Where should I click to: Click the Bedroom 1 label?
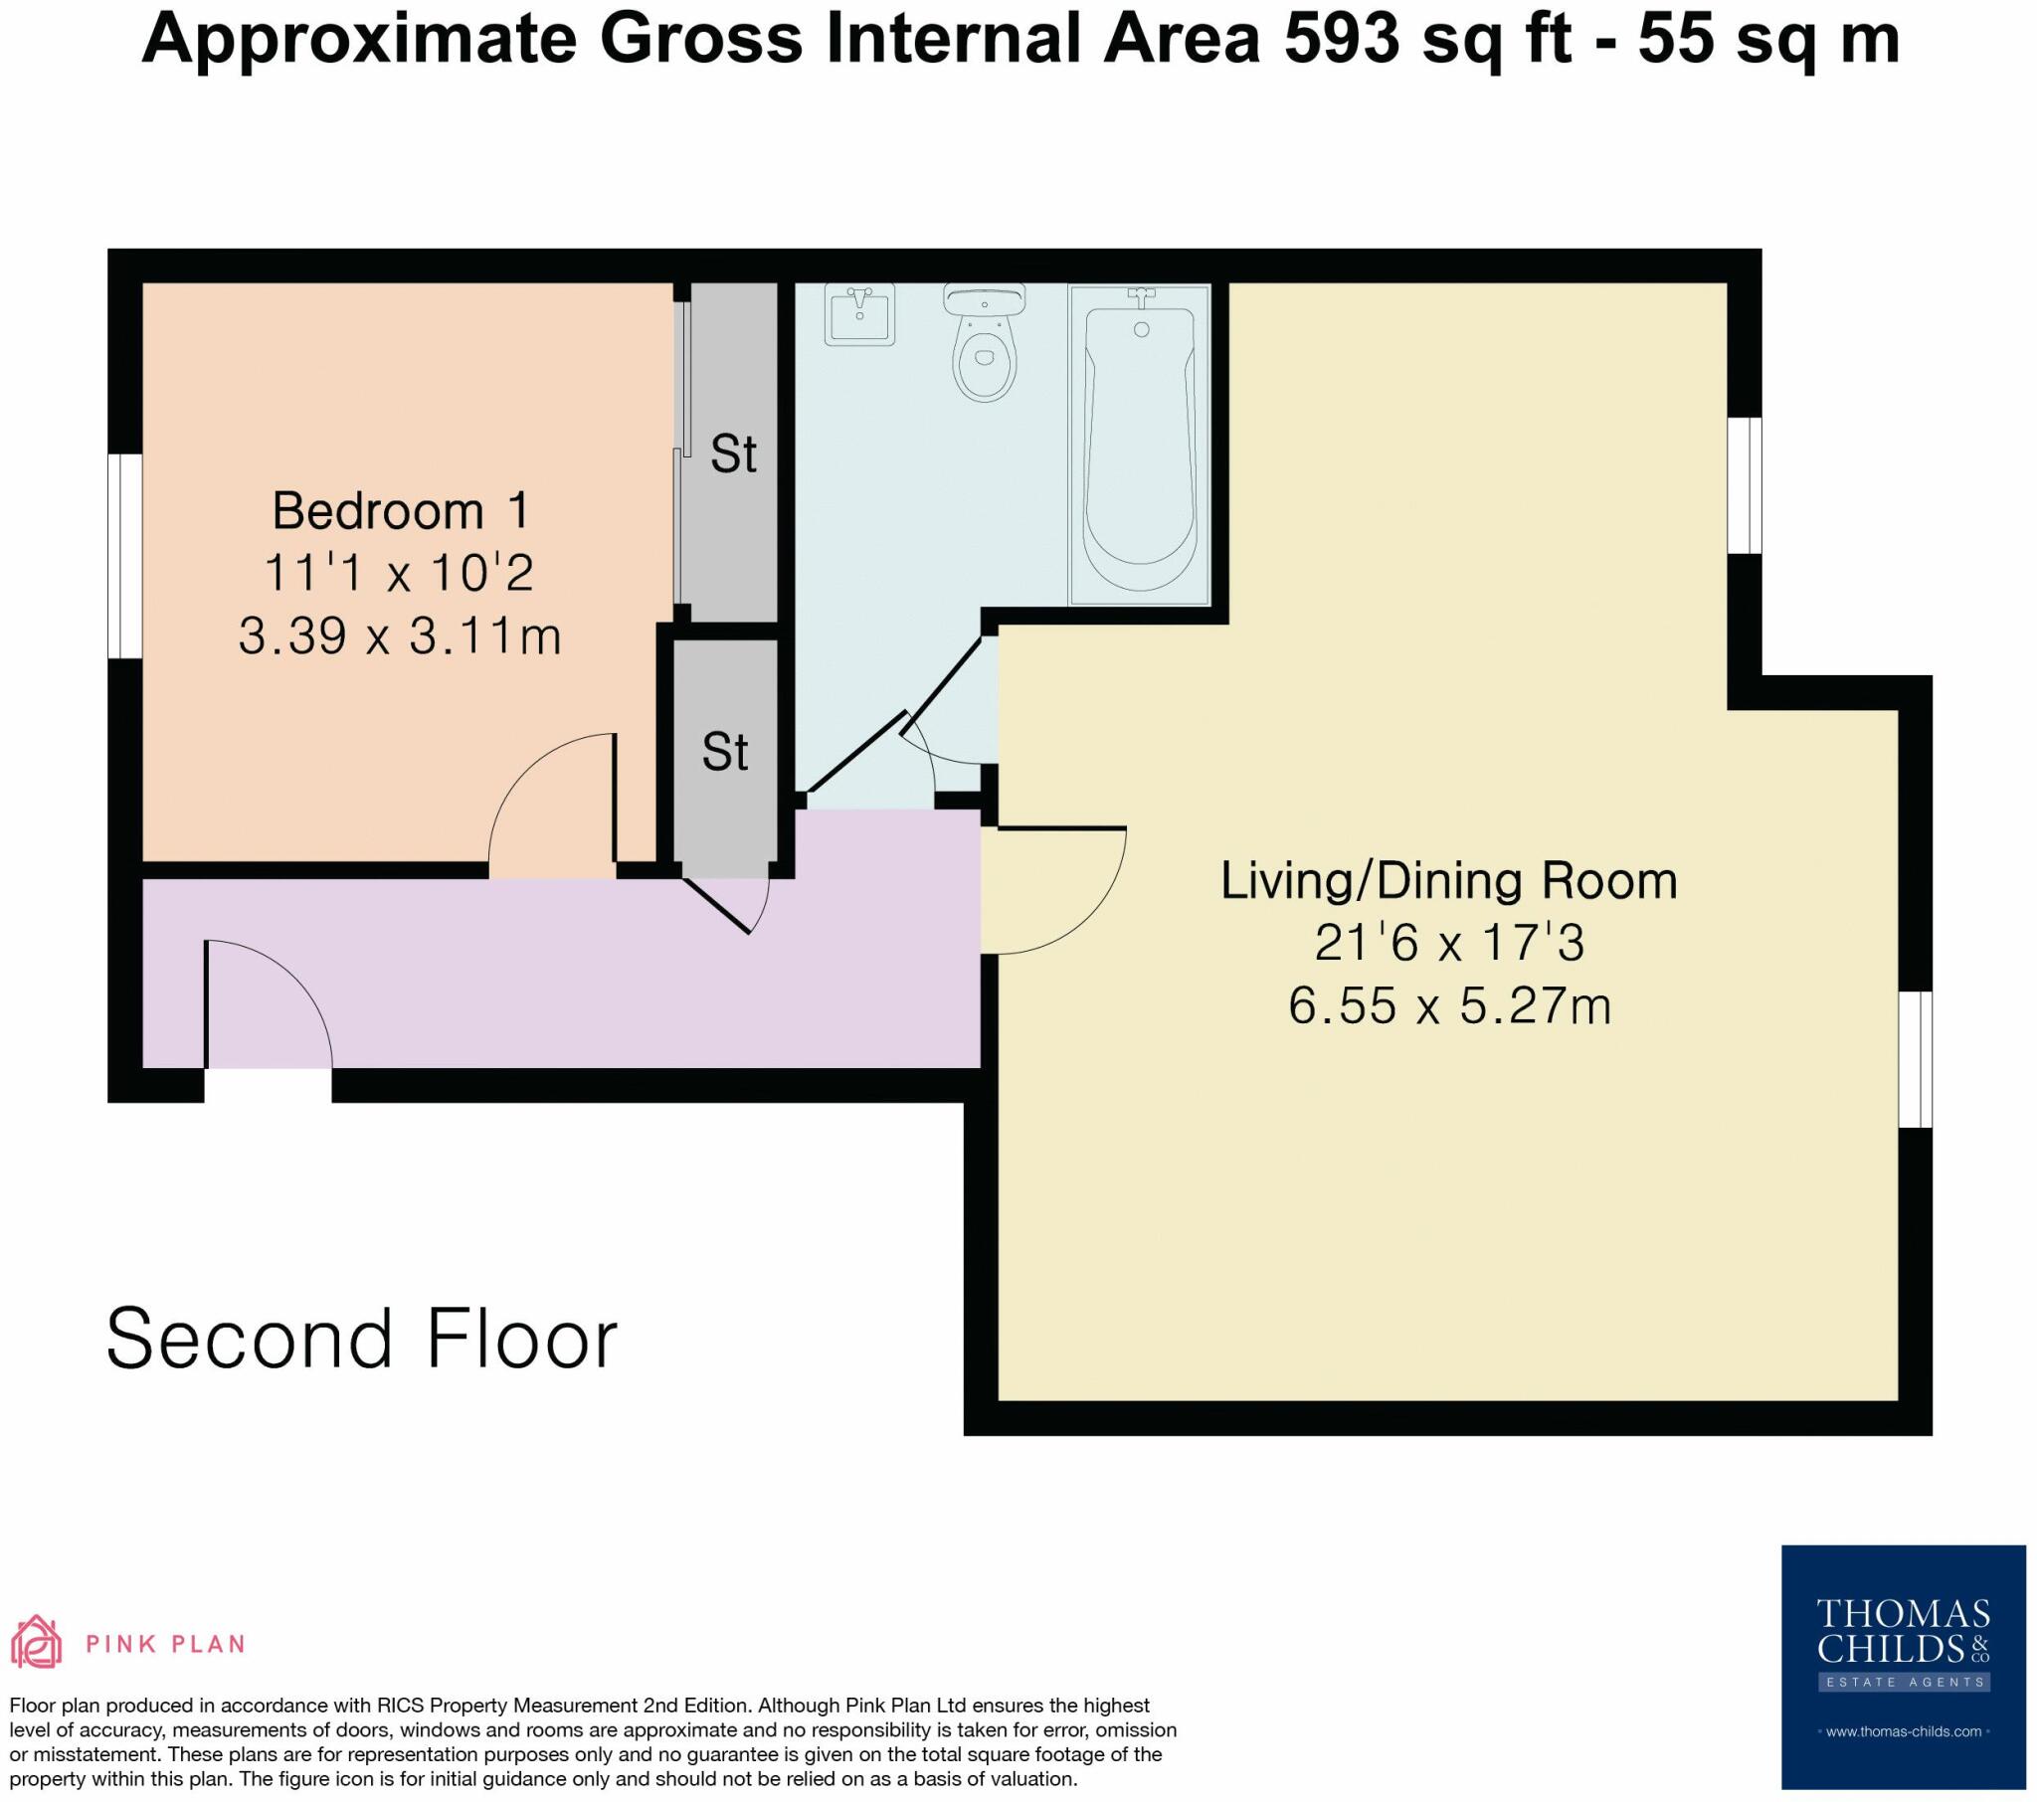[401, 511]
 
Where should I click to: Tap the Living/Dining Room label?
[1449, 881]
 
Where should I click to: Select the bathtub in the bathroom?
[1140, 446]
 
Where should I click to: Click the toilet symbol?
[985, 344]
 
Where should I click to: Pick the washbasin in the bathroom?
[860, 314]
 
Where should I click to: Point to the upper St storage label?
[733, 454]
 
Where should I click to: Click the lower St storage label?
[724, 752]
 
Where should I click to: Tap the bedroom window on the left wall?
[125, 556]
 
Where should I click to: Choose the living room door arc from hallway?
[1053, 890]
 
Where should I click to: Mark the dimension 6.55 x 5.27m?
[1450, 1005]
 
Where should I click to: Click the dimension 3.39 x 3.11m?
[401, 635]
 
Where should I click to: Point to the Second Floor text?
[362, 1340]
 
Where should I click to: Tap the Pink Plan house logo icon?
[36, 1643]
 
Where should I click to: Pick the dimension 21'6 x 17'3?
[1449, 943]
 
